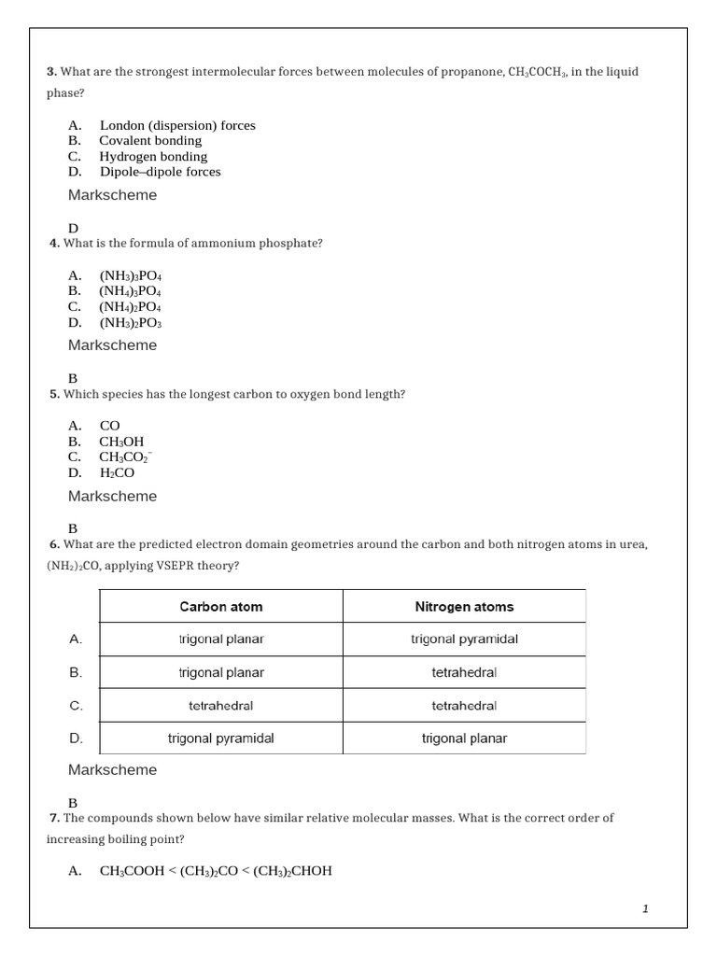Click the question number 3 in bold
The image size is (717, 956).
51,72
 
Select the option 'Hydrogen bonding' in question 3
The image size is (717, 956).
153,156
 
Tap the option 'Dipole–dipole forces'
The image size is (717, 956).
160,172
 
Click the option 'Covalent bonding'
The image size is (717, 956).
150,141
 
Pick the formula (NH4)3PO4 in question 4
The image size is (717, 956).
131,291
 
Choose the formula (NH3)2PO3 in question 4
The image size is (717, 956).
131,323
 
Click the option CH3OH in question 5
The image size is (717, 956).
121,442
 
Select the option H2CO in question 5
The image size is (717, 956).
117,473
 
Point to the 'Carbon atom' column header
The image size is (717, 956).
221,607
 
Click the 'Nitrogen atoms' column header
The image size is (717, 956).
464,607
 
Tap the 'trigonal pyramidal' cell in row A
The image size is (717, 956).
464,640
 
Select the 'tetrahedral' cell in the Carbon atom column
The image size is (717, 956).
221,706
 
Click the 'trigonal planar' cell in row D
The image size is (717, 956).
464,738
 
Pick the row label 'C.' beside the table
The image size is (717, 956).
77,706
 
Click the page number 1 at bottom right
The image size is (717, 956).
644,908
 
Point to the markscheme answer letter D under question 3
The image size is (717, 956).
73,228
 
